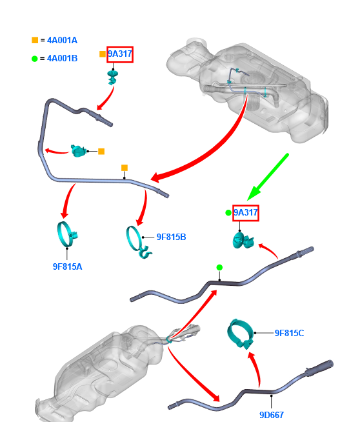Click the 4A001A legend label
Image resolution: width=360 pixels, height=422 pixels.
pyautogui.click(x=62, y=41)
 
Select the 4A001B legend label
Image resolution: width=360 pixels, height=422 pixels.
pyautogui.click(x=62, y=59)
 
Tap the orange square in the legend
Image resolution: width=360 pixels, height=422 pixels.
pyautogui.click(x=35, y=40)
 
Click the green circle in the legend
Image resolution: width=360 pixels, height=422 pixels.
pyautogui.click(x=34, y=59)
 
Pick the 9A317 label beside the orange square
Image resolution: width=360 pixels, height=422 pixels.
pyautogui.click(x=120, y=54)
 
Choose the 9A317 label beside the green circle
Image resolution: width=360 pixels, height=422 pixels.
pyautogui.click(x=246, y=213)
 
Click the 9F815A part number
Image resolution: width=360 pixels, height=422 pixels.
pyautogui.click(x=68, y=266)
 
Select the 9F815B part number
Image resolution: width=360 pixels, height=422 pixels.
pyautogui.click(x=172, y=237)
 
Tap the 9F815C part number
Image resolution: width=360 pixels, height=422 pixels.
pyautogui.click(x=289, y=333)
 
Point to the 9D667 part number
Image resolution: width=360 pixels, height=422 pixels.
pyautogui.click(x=272, y=415)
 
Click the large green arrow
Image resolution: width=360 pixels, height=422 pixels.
pyautogui.click(x=268, y=177)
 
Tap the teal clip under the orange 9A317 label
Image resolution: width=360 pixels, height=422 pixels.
pyautogui.click(x=113, y=77)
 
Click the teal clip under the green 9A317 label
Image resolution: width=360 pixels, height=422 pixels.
pyautogui.click(x=243, y=240)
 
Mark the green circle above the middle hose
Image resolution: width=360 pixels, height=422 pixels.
pyautogui.click(x=219, y=268)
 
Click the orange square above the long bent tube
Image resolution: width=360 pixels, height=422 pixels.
pyautogui.click(x=125, y=168)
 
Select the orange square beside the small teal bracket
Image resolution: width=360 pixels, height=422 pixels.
pyautogui.click(x=101, y=152)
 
